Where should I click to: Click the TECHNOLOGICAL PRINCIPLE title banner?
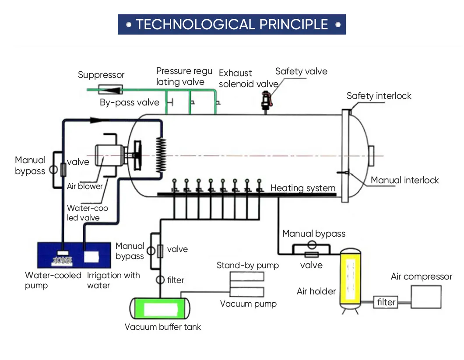click(x=232, y=24)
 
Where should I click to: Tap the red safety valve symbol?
click(x=265, y=99)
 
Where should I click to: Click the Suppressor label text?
click(x=101, y=75)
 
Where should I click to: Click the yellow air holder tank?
click(x=351, y=277)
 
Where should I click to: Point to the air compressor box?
click(x=425, y=297)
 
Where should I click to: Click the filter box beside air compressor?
click(x=386, y=302)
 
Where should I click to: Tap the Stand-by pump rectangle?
click(x=247, y=276)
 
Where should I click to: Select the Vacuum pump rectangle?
click(x=247, y=292)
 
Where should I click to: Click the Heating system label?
click(x=303, y=189)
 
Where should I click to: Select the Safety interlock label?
click(x=379, y=96)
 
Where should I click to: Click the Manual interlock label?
click(x=404, y=180)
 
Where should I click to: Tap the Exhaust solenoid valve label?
click(x=248, y=78)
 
